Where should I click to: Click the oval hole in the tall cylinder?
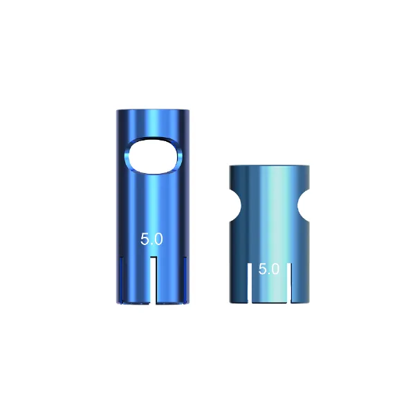click(x=154, y=156)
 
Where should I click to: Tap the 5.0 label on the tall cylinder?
click(x=151, y=239)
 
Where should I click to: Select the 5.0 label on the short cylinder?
click(x=268, y=269)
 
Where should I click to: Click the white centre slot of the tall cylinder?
click(x=153, y=280)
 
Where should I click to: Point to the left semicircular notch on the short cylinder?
click(x=235, y=206)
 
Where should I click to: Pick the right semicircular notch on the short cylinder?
click(x=304, y=206)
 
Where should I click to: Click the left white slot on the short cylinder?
click(x=250, y=283)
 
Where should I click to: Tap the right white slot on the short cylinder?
click(x=289, y=283)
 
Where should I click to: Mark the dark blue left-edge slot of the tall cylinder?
click(x=122, y=280)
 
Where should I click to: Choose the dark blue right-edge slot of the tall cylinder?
click(x=185, y=280)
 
